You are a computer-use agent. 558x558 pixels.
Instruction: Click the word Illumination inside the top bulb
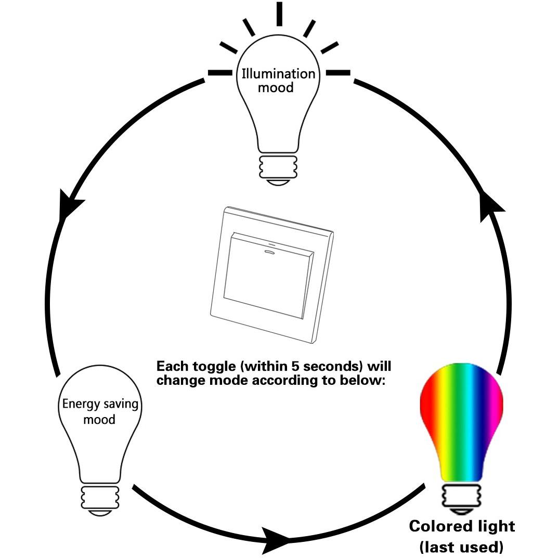tap(278, 74)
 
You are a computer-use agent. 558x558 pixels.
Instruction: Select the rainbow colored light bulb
tap(462, 438)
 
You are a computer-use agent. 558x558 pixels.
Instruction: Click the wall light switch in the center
tap(271, 275)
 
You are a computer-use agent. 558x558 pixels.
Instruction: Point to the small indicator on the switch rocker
tap(269, 253)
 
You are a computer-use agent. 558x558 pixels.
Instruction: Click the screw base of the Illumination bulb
tap(278, 170)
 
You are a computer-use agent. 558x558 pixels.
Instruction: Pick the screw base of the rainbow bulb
tap(462, 499)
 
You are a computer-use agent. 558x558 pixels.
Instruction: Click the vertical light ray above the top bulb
tap(279, 14)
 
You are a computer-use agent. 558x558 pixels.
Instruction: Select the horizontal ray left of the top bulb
tap(220, 73)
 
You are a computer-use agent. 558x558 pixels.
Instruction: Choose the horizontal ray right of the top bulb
tap(338, 73)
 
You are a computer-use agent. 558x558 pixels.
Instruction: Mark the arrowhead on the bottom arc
tap(276, 540)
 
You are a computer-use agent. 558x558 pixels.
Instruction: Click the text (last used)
tap(462, 547)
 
